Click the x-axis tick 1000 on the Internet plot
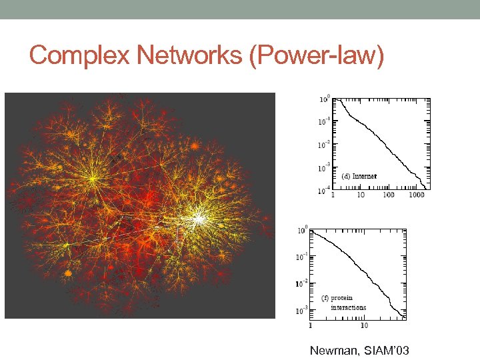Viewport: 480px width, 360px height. tap(416, 195)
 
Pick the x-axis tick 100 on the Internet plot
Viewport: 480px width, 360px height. tap(388, 195)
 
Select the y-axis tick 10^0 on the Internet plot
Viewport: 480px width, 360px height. tap(324, 99)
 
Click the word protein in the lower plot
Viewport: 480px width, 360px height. tap(342, 298)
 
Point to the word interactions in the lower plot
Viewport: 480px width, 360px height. tap(348, 307)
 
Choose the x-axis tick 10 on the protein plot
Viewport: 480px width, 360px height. tap(364, 326)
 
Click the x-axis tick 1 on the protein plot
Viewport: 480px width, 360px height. tap(311, 326)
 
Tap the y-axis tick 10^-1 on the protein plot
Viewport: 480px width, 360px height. tap(302, 257)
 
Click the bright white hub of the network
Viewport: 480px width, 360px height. tap(198, 217)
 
